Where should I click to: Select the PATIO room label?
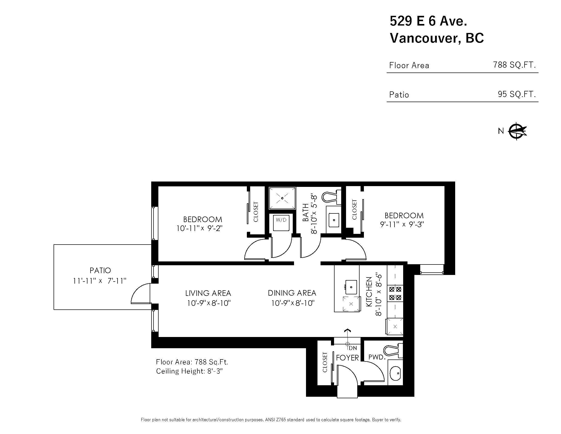click(x=100, y=270)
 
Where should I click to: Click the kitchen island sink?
click(x=351, y=287)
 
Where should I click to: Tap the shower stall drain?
click(x=282, y=198)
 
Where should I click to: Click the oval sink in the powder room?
click(x=395, y=373)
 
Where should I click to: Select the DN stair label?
click(x=353, y=348)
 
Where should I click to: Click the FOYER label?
click(x=347, y=358)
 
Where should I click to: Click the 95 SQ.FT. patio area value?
click(x=517, y=94)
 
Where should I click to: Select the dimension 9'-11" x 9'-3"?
click(x=401, y=224)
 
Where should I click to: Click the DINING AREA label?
click(x=292, y=293)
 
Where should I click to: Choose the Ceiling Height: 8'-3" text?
click(x=189, y=371)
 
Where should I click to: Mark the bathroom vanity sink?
click(x=334, y=220)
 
